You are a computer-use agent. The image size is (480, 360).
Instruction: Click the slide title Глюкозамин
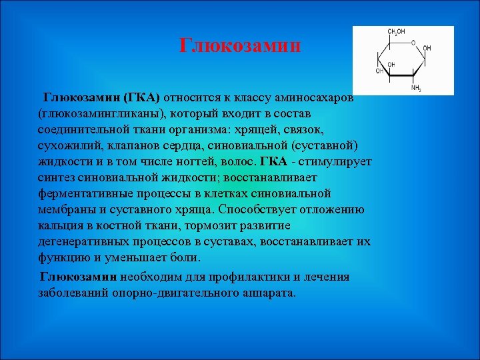pyautogui.click(x=241, y=46)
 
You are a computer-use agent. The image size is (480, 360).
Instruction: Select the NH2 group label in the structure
pyautogui.click(x=416, y=88)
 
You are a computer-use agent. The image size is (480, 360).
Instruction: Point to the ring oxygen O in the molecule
pyautogui.click(x=413, y=43)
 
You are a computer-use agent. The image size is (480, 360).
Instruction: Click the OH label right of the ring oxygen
pyautogui.click(x=427, y=49)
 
